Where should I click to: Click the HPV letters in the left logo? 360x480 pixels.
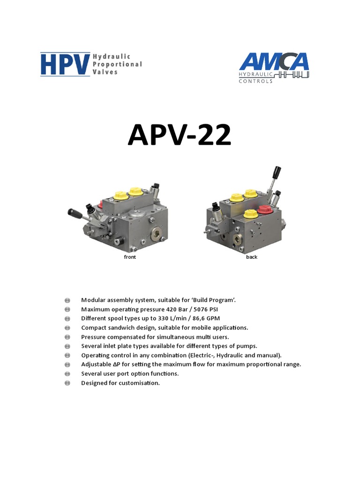pos(65,64)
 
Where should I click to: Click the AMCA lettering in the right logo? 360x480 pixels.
pos(274,62)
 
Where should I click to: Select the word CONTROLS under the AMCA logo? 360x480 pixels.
pos(255,81)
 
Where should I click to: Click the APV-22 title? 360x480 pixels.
pos(180,135)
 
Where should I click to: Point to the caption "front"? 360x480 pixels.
pos(130,257)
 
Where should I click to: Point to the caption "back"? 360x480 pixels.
pos(252,257)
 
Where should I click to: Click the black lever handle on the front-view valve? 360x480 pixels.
pos(75,214)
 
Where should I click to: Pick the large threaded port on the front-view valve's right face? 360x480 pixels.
pos(156,232)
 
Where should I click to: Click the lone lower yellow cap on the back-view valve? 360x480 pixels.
pos(250,215)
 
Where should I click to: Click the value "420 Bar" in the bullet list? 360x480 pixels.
pos(178,309)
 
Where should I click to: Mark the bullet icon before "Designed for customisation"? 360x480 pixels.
pos(67,383)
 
